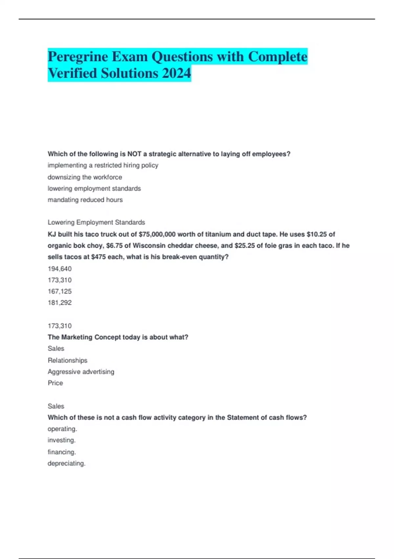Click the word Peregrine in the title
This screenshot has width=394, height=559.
tap(78, 57)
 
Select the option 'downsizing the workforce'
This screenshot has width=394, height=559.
tap(85, 177)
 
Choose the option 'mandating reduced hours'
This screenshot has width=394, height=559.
tap(85, 200)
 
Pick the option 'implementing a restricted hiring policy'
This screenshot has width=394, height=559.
tap(103, 165)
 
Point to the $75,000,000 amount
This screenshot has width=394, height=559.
tap(157, 234)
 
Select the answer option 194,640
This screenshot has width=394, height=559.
tap(59, 269)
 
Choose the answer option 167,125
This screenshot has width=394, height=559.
tap(59, 291)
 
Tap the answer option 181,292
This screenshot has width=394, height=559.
tap(59, 303)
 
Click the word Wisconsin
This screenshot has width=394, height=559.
tap(149, 246)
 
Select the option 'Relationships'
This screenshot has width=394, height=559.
tap(67, 360)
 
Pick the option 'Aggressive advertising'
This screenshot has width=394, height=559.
tap(81, 372)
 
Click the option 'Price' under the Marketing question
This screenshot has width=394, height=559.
tap(55, 383)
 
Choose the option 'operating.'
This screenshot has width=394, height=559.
tap(62, 429)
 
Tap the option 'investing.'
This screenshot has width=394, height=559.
tap(61, 440)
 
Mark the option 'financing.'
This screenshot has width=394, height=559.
tap(62, 452)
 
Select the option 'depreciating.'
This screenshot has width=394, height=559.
tap(66, 464)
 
